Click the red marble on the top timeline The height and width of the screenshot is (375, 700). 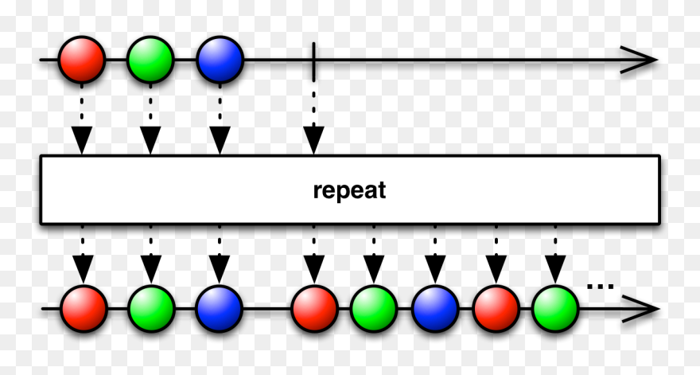coord(82,60)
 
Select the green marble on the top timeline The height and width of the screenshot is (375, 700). coord(150,60)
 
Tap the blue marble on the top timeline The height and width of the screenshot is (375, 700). coord(220,60)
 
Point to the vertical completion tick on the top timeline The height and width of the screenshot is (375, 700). coord(314,60)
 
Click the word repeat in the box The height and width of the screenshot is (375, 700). coord(349,190)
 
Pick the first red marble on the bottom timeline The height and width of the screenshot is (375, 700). coord(84,308)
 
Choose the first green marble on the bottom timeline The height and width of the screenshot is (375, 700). coord(151,308)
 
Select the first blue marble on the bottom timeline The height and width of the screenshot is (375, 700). coord(220,308)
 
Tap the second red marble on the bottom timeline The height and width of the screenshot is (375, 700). coord(314,308)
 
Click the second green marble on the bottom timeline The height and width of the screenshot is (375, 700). coord(374,308)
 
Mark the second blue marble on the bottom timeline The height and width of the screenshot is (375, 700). coord(435,308)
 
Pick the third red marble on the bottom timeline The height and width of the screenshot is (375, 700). coord(496,308)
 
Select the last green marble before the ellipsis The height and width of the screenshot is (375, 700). coord(555,308)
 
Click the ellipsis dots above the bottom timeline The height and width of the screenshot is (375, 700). coord(600,285)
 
